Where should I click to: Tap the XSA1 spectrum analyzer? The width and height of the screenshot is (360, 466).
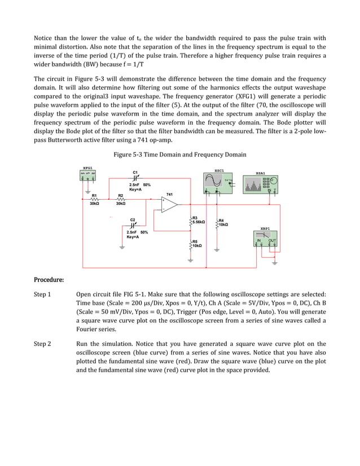coord(260,184)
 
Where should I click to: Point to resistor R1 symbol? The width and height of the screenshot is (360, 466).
coord(94,199)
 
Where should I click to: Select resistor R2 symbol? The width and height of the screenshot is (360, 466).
coord(120,199)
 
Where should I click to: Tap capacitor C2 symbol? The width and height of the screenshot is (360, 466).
coord(133,225)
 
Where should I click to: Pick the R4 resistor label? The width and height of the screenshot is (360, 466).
coord(221,221)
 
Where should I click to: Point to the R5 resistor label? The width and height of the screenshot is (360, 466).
coord(195,241)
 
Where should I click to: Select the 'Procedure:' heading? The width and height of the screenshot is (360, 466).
coord(49,279)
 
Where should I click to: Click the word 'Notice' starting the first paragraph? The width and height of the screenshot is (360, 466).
coord(45,38)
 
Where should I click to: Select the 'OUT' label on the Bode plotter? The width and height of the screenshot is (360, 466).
coord(272,240)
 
